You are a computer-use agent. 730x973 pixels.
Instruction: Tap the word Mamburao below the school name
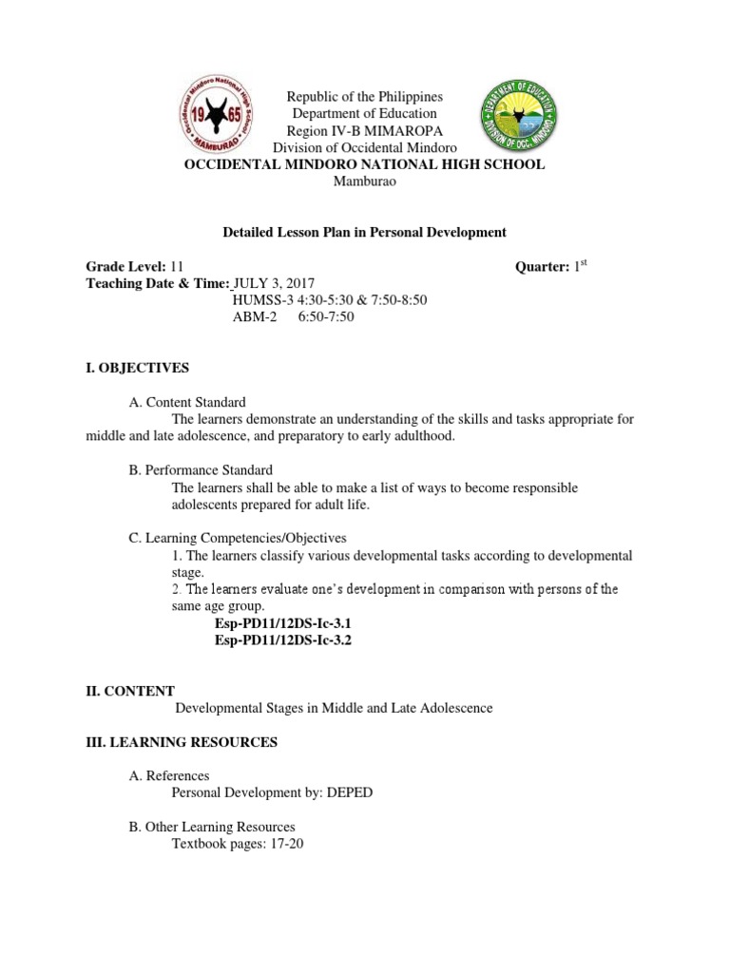tap(364, 182)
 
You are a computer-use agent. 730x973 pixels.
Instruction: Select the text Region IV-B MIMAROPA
tap(365, 131)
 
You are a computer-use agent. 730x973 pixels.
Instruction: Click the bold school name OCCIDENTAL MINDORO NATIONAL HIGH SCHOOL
tap(365, 165)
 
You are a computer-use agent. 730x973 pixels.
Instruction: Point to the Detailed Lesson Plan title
tap(364, 232)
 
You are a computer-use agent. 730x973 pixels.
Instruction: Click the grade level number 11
tap(178, 267)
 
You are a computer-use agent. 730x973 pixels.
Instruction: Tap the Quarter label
tap(541, 267)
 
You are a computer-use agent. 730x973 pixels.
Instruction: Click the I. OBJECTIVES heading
tap(138, 367)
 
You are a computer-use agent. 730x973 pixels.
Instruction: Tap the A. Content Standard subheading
tap(187, 402)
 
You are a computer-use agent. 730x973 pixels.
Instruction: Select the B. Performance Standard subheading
tap(201, 470)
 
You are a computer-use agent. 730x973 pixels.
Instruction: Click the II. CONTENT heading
tap(130, 691)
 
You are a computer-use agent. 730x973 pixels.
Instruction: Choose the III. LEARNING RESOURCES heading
tap(182, 742)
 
